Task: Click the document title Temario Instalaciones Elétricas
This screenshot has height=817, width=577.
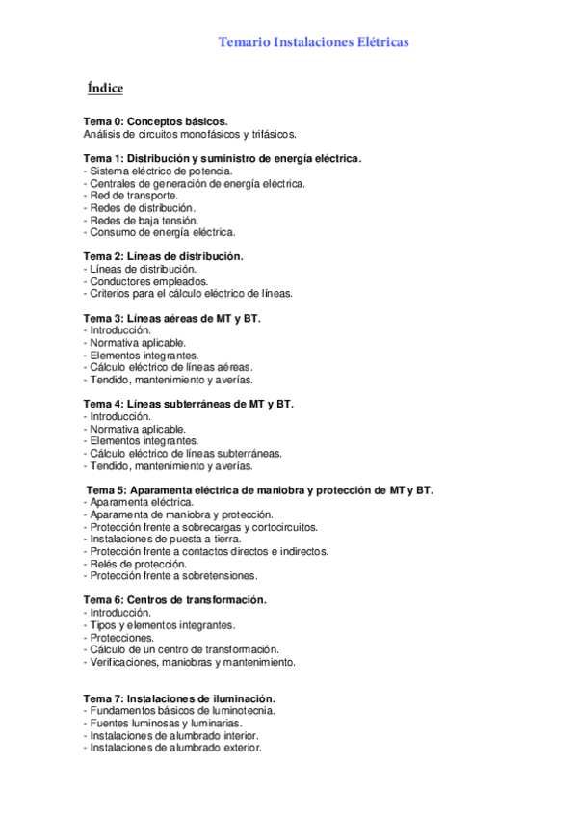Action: tap(313, 42)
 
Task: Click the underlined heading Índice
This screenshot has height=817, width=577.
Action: tap(105, 89)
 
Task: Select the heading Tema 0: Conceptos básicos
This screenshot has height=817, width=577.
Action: tap(156, 122)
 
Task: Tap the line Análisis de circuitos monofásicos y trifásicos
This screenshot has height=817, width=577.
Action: tap(190, 135)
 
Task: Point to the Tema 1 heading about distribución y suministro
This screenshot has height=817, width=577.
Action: tap(223, 158)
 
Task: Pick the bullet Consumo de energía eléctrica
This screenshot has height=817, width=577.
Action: tap(160, 232)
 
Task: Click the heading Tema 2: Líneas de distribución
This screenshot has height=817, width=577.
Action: tap(164, 256)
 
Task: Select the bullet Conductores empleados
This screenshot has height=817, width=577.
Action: tap(145, 281)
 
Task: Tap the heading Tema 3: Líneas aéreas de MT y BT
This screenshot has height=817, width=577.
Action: tap(172, 318)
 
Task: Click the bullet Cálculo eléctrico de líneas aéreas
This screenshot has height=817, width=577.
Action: tap(170, 367)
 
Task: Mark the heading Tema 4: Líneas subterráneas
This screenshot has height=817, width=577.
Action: tap(189, 404)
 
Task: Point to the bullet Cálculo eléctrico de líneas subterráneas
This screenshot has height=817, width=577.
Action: tap(183, 453)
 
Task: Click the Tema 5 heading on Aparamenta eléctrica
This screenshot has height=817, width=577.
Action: tap(260, 490)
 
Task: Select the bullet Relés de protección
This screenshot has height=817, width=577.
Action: tap(134, 564)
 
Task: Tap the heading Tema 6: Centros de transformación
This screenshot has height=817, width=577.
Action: tap(175, 600)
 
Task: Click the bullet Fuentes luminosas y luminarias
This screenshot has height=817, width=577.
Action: tap(163, 723)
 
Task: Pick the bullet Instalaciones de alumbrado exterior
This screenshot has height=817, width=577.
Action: tap(172, 748)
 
